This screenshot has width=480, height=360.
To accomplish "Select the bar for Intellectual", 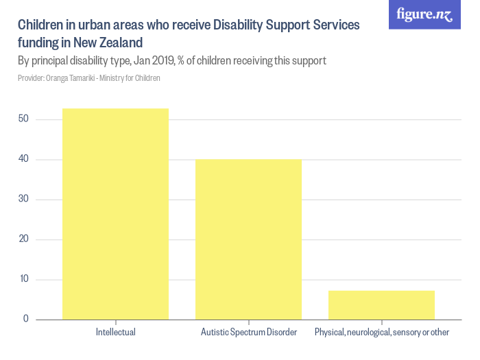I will pos(115,213).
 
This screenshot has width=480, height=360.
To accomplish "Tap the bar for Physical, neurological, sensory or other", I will pos(381,304).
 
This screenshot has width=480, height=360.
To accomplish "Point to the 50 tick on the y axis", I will pos(23,120).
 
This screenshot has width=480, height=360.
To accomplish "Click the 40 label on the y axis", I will pos(23,160).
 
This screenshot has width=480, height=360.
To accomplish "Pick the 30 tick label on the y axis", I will pos(23,200).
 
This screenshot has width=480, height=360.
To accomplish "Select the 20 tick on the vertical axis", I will pos(23,239).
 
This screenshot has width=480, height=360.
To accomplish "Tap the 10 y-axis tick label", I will pos(23,279).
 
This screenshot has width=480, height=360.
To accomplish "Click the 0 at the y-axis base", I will pos(25,319).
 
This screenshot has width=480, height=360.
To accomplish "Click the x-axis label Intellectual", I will pos(115,333).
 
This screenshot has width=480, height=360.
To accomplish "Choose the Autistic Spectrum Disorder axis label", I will pos(248,333).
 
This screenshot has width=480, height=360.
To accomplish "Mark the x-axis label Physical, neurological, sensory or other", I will pos(381,333).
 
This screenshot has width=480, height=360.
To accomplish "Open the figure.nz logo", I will pos(424,14).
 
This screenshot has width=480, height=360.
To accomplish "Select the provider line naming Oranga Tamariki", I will pos(89,78).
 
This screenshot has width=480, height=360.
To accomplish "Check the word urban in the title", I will pos(95,25).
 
